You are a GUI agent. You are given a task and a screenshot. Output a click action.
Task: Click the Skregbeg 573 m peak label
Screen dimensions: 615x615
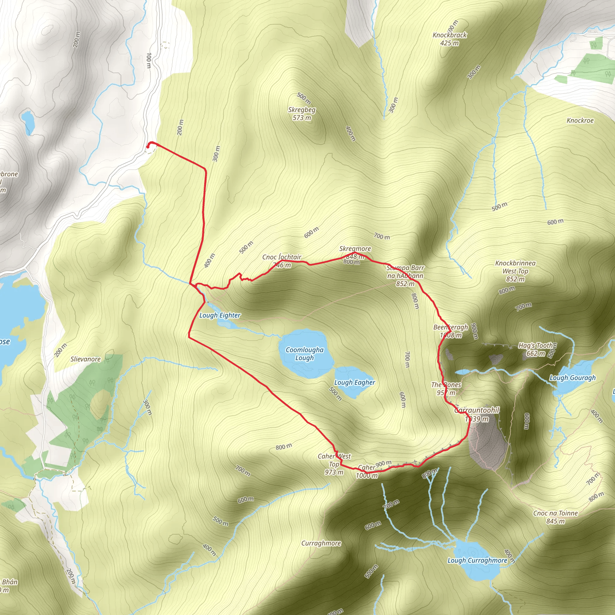(x=302, y=114)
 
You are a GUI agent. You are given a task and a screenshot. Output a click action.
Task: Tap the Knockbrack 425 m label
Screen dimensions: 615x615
(x=450, y=39)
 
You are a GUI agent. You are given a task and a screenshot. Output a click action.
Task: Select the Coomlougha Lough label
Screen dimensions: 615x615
(x=304, y=354)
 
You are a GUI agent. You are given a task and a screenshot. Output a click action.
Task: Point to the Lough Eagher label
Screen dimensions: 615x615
(x=355, y=382)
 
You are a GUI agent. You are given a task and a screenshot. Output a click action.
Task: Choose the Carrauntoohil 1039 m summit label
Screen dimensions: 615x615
(x=477, y=414)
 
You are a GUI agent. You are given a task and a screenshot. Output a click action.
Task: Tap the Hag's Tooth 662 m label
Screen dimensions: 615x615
(x=536, y=349)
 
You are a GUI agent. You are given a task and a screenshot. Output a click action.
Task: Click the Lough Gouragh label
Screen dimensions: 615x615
(x=572, y=378)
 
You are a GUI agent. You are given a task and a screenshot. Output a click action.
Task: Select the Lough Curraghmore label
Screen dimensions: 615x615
(x=477, y=560)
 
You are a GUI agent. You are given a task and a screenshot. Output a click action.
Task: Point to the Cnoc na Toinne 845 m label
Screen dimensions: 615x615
(x=556, y=517)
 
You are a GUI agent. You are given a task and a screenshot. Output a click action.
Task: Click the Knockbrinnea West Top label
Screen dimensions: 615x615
(x=515, y=271)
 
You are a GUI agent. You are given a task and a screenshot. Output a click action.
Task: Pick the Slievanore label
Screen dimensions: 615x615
(x=86, y=359)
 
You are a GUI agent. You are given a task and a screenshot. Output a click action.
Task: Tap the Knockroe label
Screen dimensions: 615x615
(x=580, y=120)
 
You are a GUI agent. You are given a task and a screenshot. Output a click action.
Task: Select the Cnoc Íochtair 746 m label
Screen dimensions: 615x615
(x=282, y=261)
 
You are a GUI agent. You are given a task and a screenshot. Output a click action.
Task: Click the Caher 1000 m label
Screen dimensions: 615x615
(x=367, y=471)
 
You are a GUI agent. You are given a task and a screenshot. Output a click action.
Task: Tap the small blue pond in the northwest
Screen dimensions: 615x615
(x=27, y=121)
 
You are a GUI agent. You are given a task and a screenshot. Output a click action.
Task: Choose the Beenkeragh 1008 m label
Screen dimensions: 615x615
(x=451, y=331)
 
